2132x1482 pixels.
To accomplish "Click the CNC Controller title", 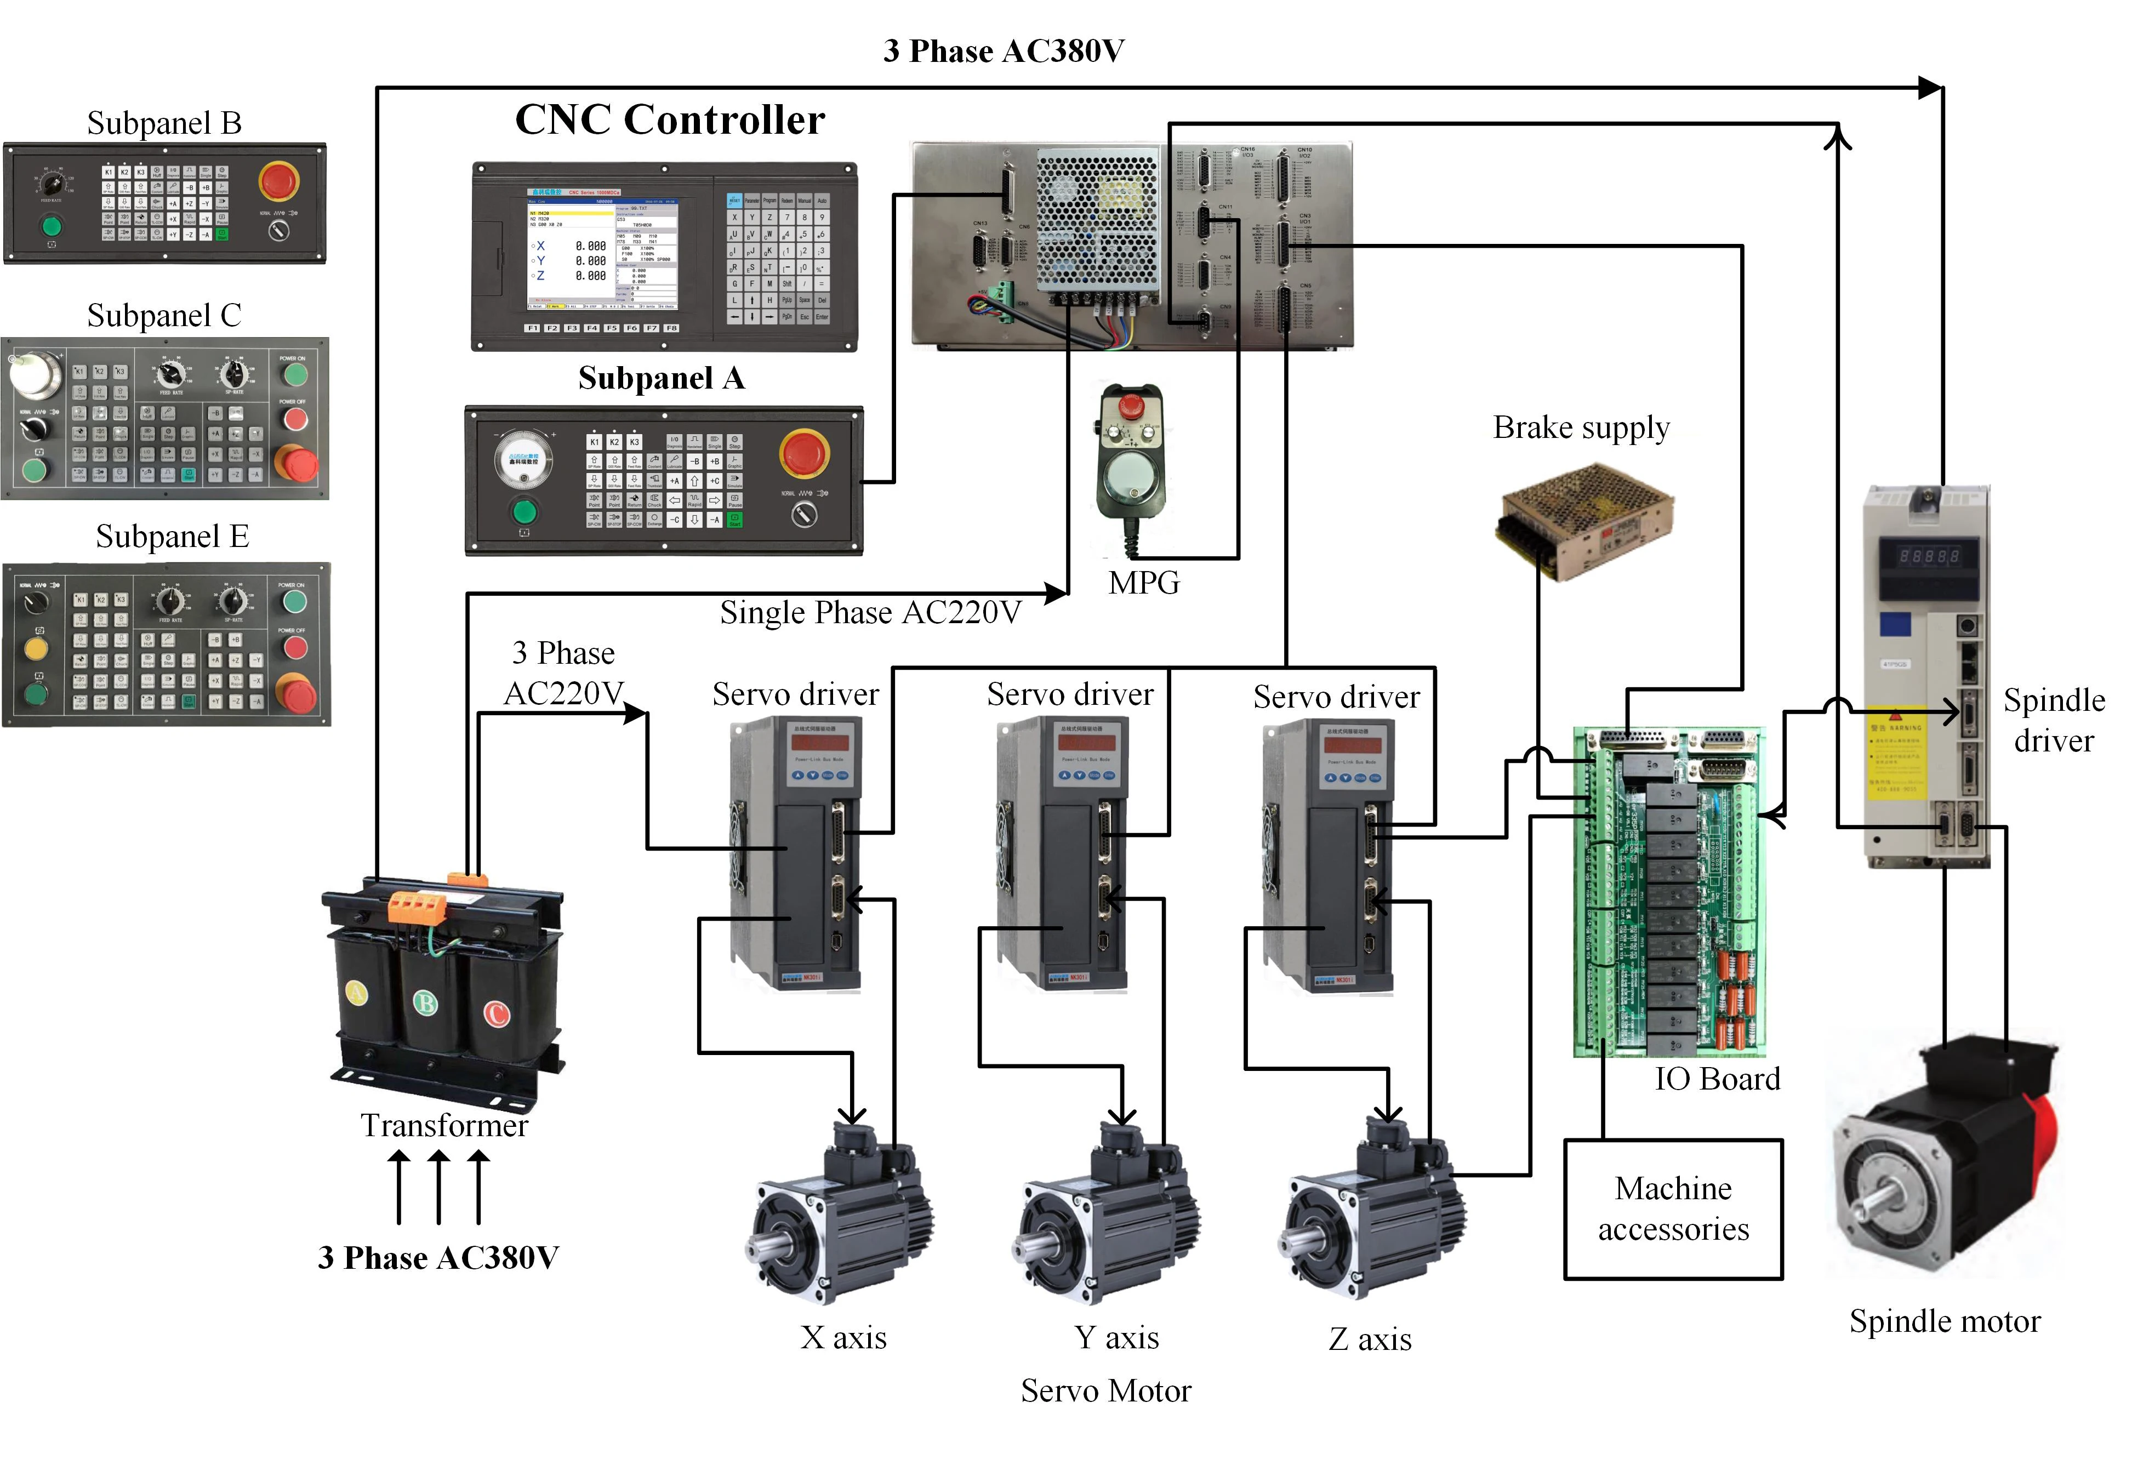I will click(670, 120).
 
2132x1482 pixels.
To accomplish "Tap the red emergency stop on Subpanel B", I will click(278, 181).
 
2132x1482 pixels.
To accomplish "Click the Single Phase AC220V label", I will click(870, 613).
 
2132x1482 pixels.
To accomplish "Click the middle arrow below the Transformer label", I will click(438, 1186).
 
